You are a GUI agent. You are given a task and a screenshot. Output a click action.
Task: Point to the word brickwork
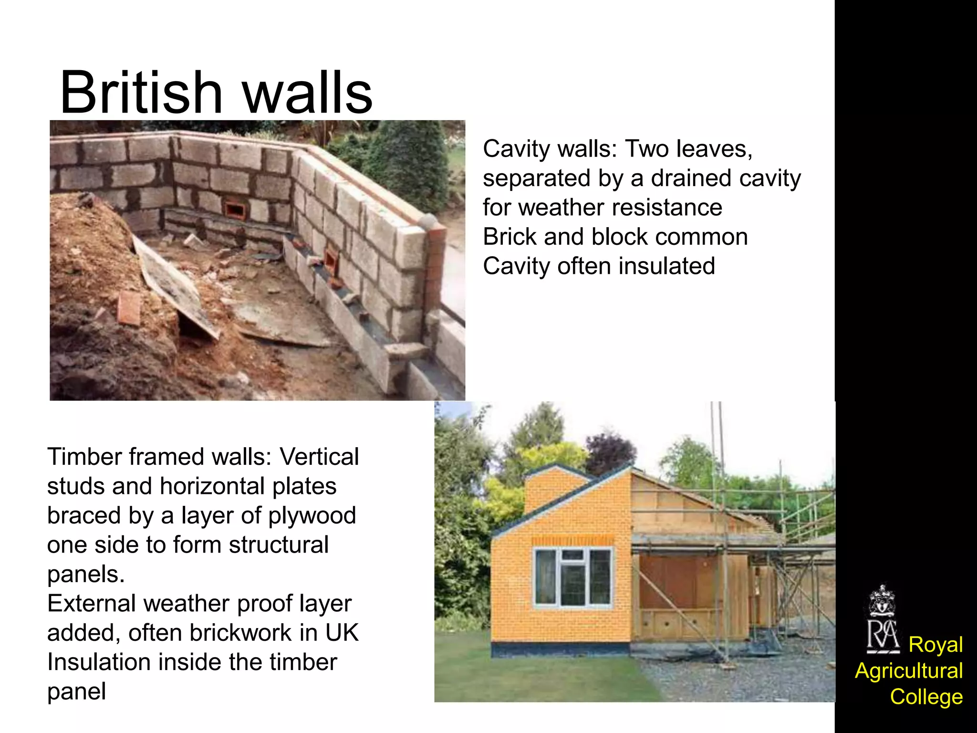click(x=241, y=633)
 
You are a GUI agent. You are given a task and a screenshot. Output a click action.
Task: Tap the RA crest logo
click(x=882, y=620)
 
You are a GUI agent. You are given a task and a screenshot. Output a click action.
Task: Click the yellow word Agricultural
click(x=909, y=670)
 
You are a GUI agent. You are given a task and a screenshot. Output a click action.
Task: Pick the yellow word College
click(x=926, y=697)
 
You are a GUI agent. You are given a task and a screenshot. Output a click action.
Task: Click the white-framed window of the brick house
click(x=573, y=577)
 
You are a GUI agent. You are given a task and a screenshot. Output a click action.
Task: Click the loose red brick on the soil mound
click(x=129, y=308)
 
